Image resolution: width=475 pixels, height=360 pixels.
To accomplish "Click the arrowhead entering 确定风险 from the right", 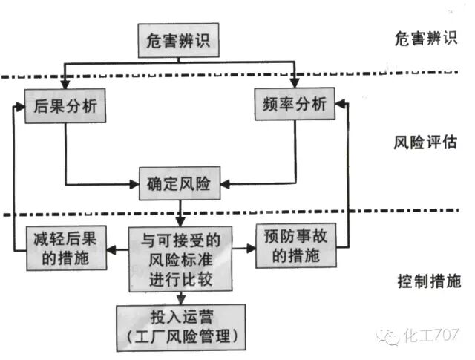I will pyautogui.click(x=227, y=182).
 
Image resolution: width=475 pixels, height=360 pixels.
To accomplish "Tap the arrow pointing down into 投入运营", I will pyautogui.click(x=180, y=298).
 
